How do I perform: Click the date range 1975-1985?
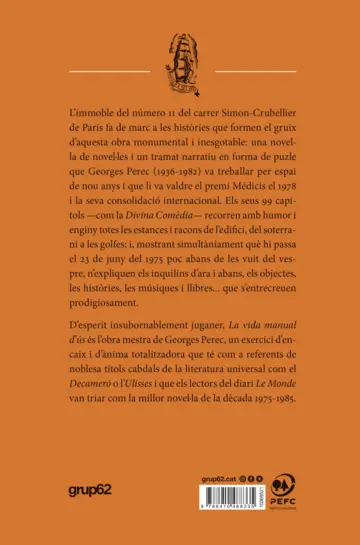[x=279, y=435]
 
